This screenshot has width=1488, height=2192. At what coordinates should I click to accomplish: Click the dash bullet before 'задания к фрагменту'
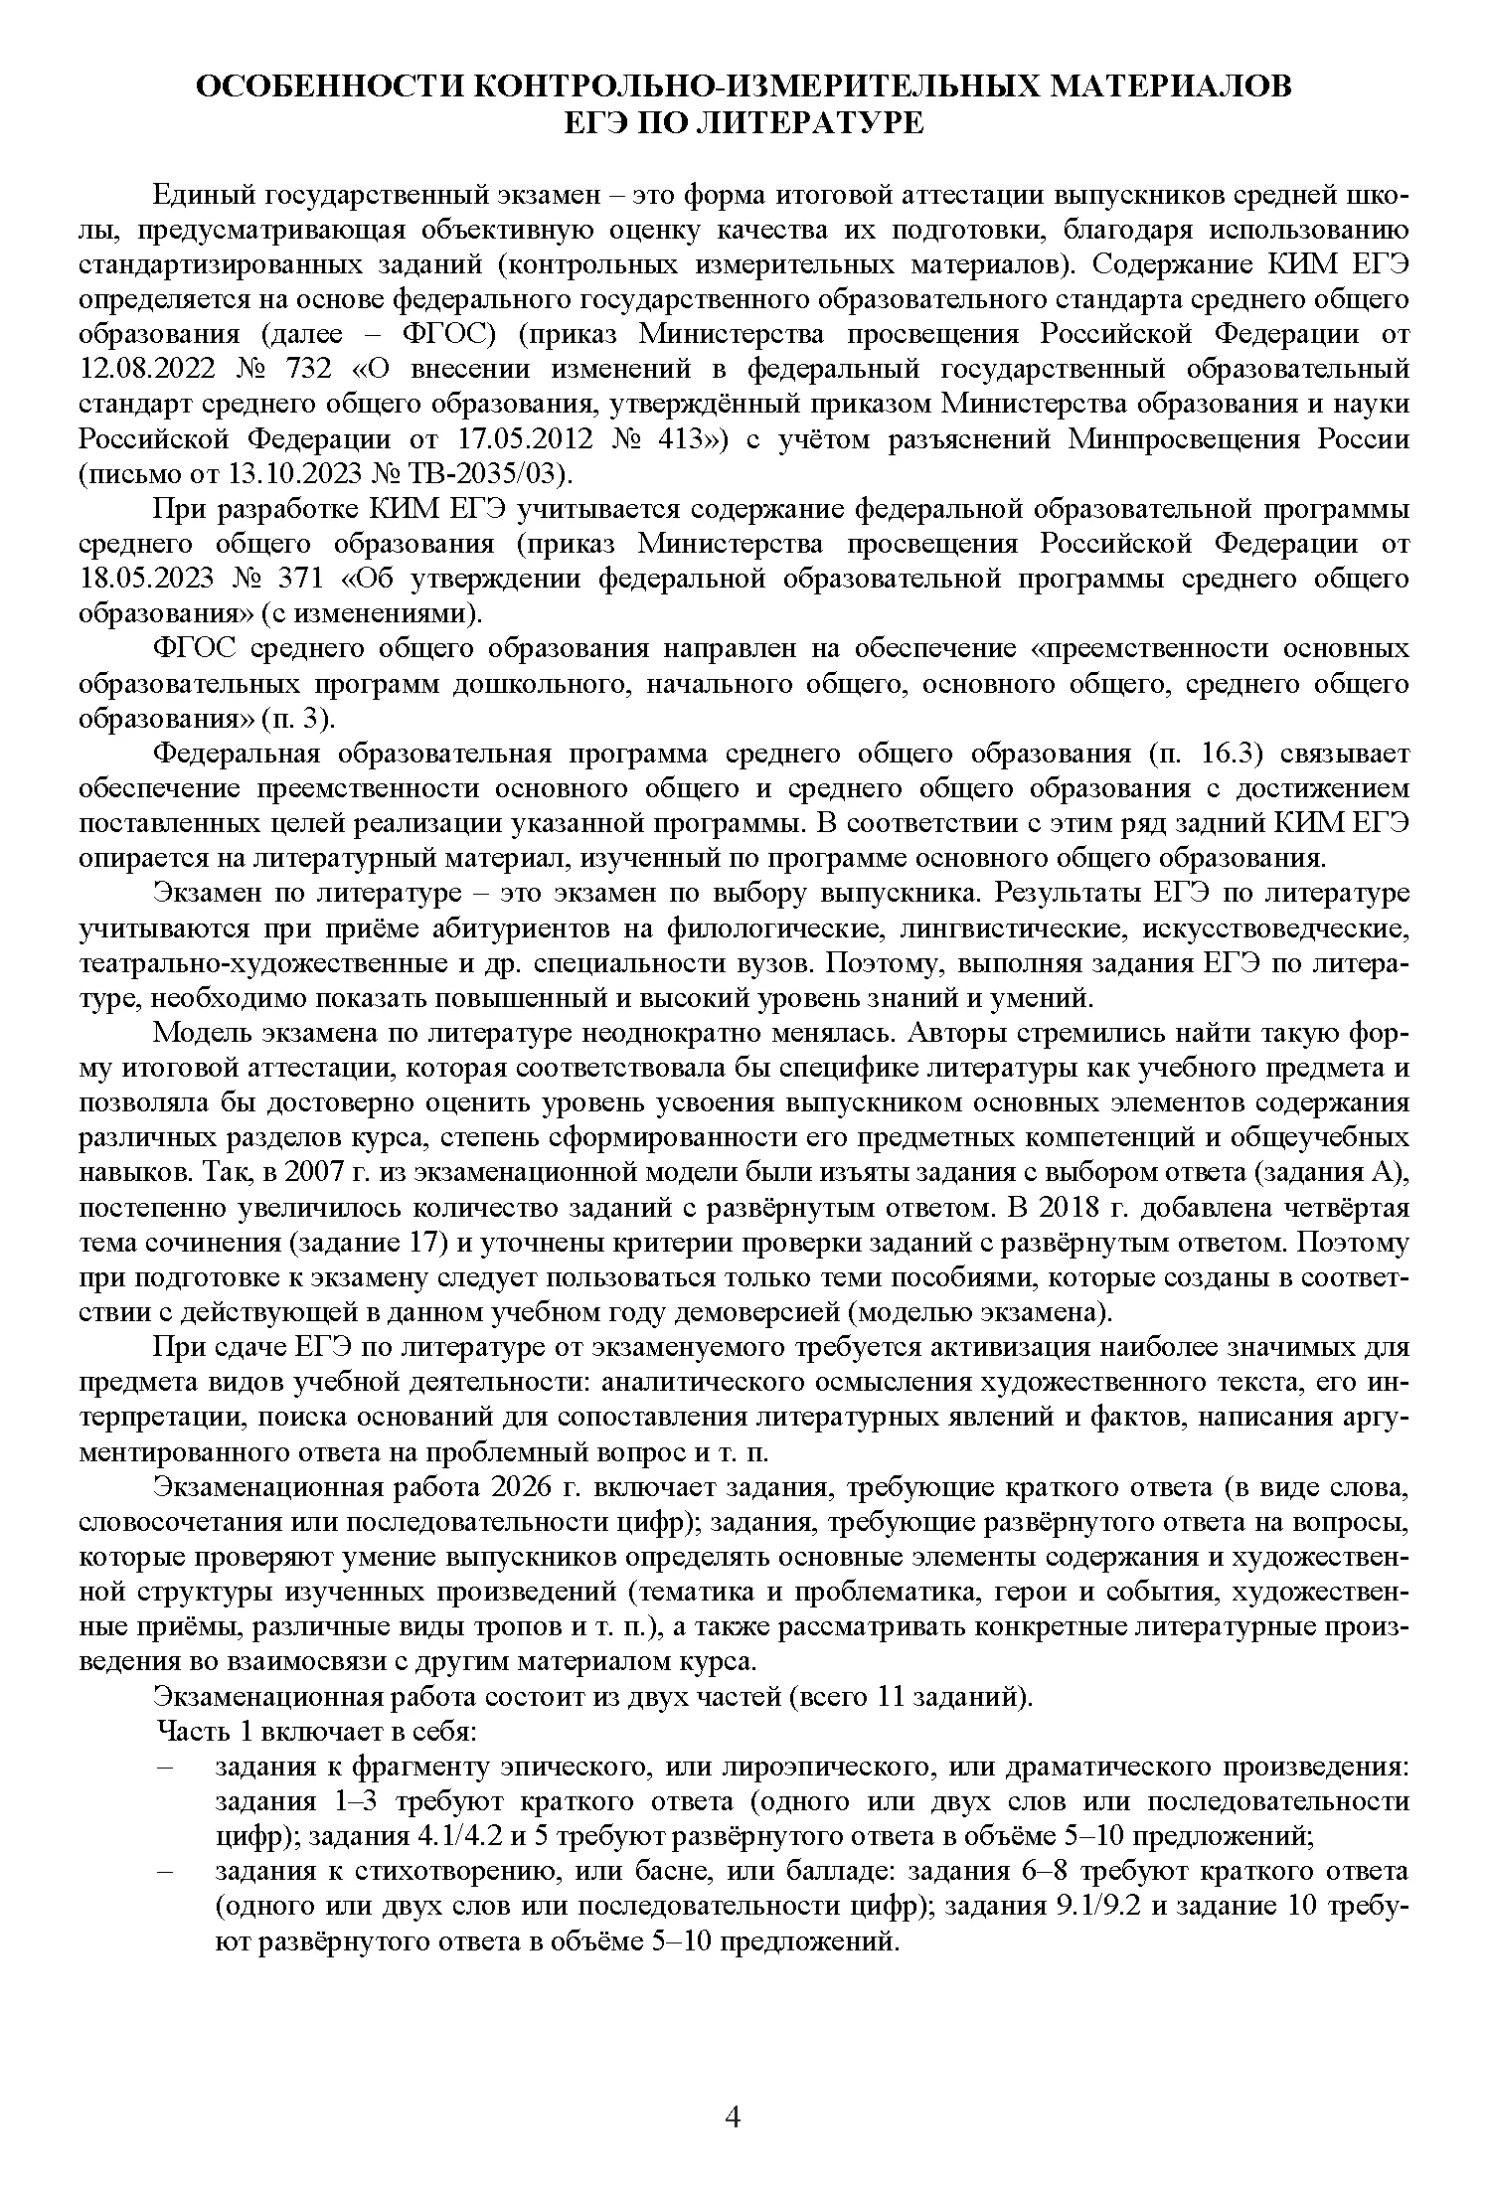(165, 1769)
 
